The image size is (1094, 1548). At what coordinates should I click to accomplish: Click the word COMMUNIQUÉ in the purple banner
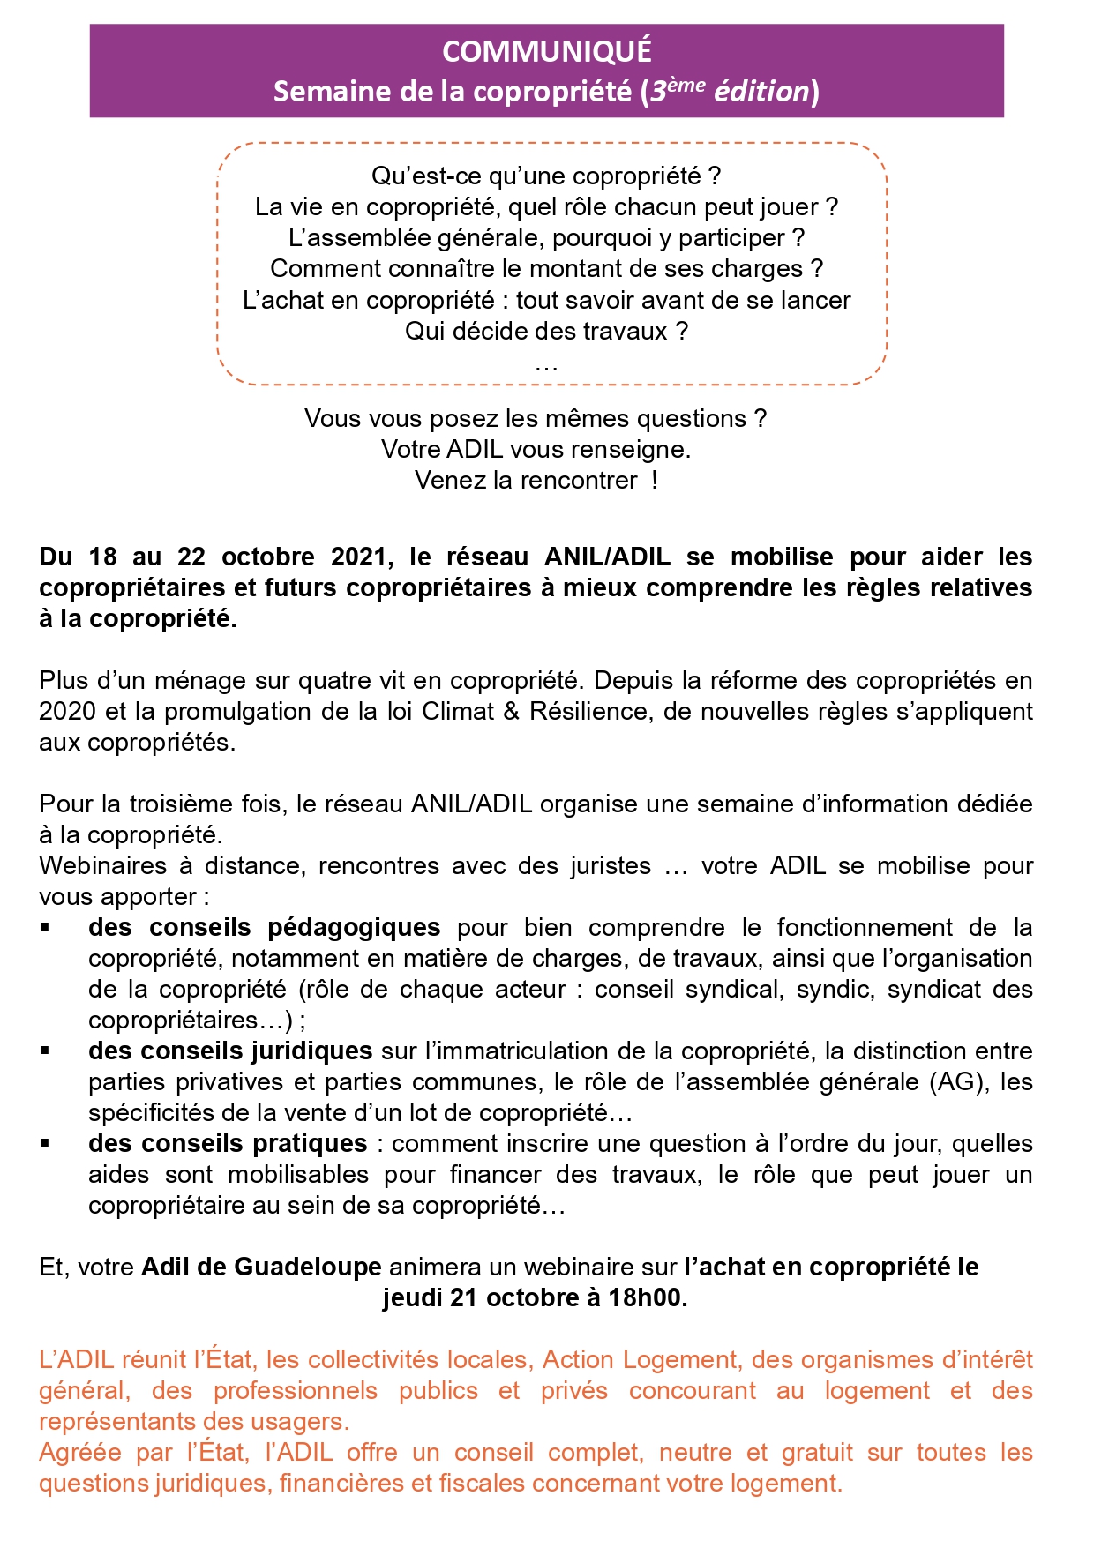pos(546,51)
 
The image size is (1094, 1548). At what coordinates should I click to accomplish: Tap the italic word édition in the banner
pos(761,91)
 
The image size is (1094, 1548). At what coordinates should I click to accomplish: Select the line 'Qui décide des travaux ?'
pos(546,331)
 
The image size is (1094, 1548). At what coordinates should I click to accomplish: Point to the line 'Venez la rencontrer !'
pos(536,480)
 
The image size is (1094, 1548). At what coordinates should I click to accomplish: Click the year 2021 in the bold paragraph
pos(358,557)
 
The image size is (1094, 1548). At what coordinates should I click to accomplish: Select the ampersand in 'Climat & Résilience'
pos(512,711)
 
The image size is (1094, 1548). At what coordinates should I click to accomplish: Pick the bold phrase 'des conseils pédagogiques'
pos(264,927)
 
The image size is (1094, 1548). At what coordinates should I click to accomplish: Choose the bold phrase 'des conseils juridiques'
pos(230,1051)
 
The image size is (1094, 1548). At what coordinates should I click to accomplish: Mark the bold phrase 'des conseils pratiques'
pos(228,1143)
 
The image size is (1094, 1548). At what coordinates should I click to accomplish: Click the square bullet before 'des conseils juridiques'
pos(44,1051)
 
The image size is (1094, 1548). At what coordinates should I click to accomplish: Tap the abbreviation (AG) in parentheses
pos(955,1081)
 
